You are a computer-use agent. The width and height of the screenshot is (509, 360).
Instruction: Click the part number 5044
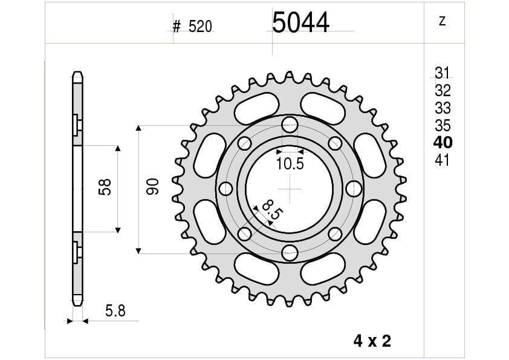(x=300, y=23)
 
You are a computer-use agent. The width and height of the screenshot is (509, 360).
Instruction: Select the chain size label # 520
(x=192, y=27)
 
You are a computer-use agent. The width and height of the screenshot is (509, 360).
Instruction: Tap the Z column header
(x=442, y=21)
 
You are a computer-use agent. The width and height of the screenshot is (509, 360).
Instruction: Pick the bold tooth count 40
(x=443, y=143)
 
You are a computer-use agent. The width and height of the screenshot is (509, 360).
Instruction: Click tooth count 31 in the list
(x=443, y=74)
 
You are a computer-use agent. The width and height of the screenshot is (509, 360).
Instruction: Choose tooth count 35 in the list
(x=443, y=126)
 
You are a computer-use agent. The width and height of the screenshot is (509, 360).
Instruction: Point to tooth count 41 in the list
(x=443, y=161)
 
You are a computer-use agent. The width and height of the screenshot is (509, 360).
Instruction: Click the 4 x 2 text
(x=372, y=341)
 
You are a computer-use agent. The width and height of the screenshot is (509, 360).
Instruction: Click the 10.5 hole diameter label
(x=290, y=163)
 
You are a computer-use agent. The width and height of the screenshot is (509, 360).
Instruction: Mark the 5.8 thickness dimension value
(x=115, y=311)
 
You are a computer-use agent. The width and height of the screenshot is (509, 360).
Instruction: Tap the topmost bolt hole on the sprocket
(x=290, y=126)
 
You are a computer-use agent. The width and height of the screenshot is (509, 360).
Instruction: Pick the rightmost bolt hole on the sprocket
(x=353, y=189)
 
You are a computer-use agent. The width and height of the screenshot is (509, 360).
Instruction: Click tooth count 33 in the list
(x=443, y=108)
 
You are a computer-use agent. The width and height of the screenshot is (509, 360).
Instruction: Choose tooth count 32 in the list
(x=443, y=91)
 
